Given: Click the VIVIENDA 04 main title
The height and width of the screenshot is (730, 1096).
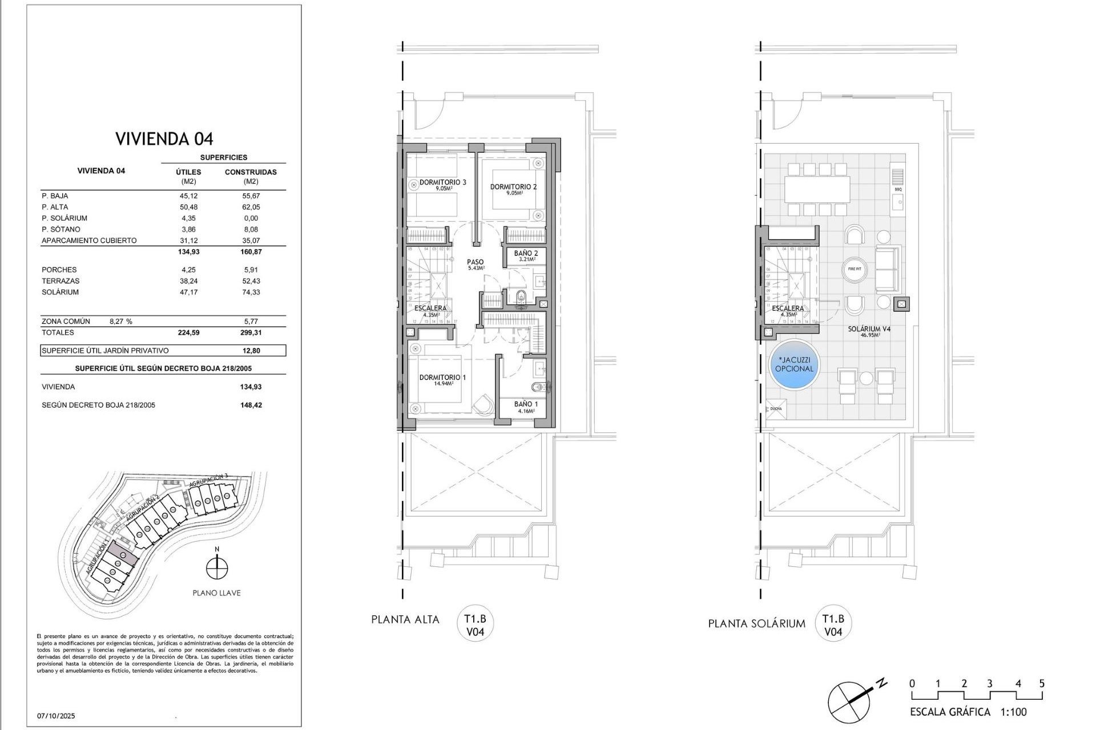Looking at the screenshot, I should click(164, 139).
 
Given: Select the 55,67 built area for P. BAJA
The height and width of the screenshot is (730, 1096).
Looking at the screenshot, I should click(251, 196).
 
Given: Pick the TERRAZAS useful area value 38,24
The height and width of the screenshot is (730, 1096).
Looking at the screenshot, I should click(188, 281).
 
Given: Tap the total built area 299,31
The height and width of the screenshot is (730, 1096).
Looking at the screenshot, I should click(251, 332).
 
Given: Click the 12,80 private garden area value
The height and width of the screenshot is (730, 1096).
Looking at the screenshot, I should click(251, 351).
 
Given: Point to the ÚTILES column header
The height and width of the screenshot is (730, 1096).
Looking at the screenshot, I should click(188, 172).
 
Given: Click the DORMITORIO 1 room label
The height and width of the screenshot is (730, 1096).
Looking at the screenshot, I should click(442, 378).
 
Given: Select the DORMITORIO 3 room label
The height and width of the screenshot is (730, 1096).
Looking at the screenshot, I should click(442, 182).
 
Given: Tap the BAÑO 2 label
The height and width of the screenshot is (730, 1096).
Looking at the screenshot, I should click(525, 253).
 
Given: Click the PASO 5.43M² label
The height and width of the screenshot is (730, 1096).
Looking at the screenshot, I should click(475, 265).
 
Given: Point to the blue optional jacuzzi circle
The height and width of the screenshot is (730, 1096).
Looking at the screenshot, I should click(794, 364).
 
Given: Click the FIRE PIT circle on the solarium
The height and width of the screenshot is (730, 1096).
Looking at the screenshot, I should click(855, 269).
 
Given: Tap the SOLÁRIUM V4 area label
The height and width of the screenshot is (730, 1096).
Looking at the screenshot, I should click(869, 330).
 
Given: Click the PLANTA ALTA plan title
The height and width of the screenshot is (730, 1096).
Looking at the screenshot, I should click(405, 619).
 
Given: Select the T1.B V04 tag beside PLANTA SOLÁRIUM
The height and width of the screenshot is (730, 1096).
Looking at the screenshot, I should click(833, 624).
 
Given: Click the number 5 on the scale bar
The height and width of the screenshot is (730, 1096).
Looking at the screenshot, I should click(1042, 683).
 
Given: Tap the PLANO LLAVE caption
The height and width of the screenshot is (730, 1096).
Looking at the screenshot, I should click(216, 593).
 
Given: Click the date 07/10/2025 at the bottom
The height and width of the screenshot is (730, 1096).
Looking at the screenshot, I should click(56, 716).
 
